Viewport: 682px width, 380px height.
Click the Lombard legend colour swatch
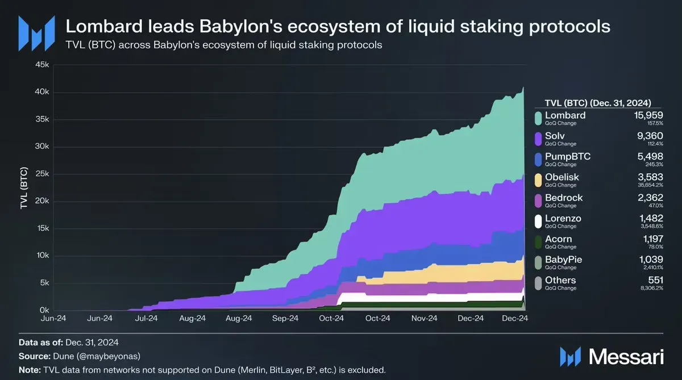coord(538,118)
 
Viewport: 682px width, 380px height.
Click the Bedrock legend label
coord(564,198)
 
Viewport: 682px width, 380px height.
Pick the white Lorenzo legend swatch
coord(538,221)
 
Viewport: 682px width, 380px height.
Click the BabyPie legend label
coord(563,260)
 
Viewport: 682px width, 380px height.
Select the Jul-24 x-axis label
coord(146,319)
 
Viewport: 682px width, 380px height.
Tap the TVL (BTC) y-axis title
coord(24,188)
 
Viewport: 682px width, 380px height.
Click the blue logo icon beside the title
coord(36,32)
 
